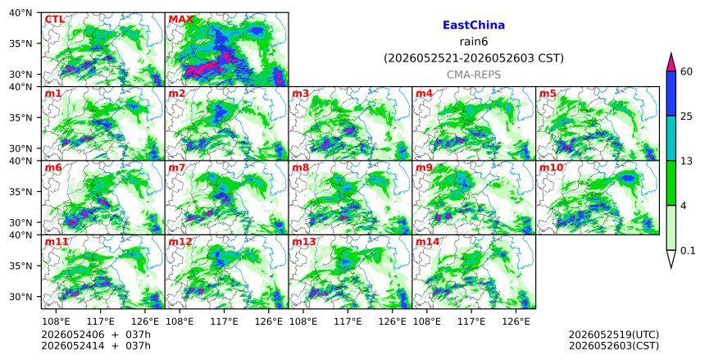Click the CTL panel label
coord(54,20)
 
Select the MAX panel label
coord(180,20)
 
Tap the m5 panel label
coord(548,93)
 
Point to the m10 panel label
coord(551,168)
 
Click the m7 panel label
coord(177,168)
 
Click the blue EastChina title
coord(474,25)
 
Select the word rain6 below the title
coord(474,42)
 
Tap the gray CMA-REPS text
coord(474,75)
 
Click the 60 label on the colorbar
coord(686,71)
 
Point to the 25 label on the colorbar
coord(686,116)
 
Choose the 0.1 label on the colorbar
coord(688,251)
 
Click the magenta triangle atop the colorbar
coord(671,63)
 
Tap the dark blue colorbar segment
coord(671,93)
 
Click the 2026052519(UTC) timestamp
coord(614,335)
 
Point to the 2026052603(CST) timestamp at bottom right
coord(614,346)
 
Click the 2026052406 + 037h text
coord(96,335)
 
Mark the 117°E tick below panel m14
coord(471,321)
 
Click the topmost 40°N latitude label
coord(20,12)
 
